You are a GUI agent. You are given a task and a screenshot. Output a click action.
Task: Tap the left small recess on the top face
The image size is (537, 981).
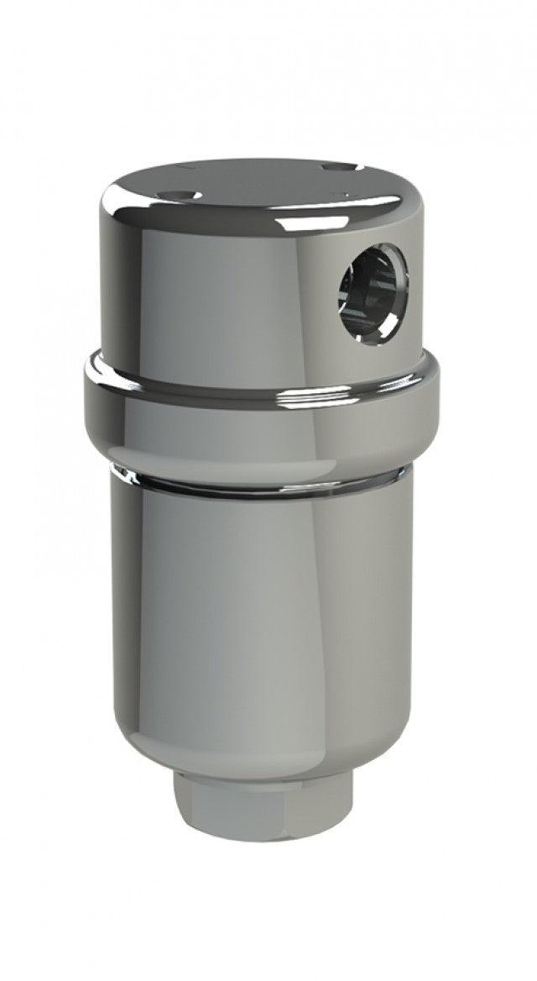point(183,195)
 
